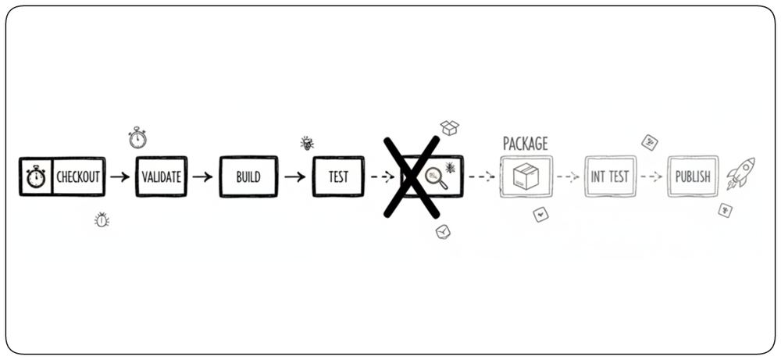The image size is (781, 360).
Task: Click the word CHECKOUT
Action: pyautogui.click(x=78, y=176)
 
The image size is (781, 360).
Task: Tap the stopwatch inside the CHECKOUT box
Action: pyautogui.click(x=36, y=176)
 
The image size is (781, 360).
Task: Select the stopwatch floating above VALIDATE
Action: pyautogui.click(x=137, y=137)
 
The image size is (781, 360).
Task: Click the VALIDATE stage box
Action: pyautogui.click(x=162, y=176)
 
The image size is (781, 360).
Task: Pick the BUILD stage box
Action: pyautogui.click(x=248, y=176)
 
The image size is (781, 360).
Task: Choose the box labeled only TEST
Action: pyautogui.click(x=338, y=176)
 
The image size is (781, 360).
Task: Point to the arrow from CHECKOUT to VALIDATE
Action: pyautogui.click(x=120, y=176)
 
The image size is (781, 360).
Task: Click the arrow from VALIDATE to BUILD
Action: pyautogui.click(x=203, y=176)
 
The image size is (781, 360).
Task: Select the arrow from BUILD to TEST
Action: pyautogui.click(x=295, y=176)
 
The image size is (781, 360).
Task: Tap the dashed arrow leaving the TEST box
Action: pyautogui.click(x=383, y=176)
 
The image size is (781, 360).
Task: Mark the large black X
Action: pyautogui.click(x=412, y=176)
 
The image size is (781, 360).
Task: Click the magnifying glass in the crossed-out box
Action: pyautogui.click(x=436, y=178)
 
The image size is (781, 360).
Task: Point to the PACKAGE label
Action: pyautogui.click(x=526, y=144)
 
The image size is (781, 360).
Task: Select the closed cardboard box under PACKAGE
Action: pyautogui.click(x=526, y=176)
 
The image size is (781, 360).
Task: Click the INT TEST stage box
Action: pyautogui.click(x=610, y=176)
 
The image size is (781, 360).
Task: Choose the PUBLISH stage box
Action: pyautogui.click(x=693, y=176)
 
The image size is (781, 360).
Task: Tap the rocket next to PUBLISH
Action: pyautogui.click(x=740, y=173)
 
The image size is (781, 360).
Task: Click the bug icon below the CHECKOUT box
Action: pyautogui.click(x=102, y=219)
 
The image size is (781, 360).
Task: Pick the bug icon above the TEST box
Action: pyautogui.click(x=307, y=144)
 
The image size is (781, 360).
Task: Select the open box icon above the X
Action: pyautogui.click(x=449, y=127)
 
